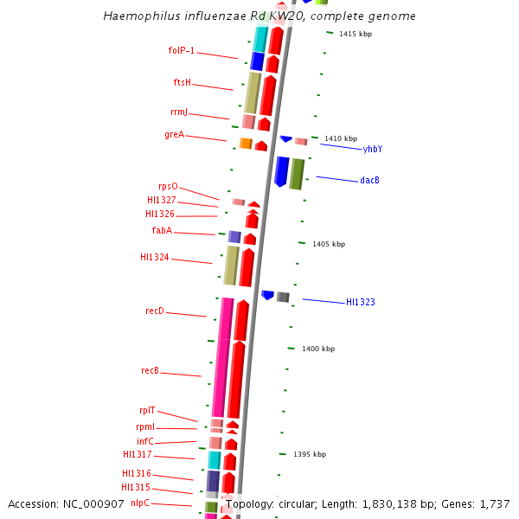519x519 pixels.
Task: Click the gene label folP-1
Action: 181,51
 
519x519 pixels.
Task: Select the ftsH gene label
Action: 182,83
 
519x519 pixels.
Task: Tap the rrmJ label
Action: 178,112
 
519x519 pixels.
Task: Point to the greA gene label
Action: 174,135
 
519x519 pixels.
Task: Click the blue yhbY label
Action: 373,150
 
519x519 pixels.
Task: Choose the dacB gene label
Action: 369,181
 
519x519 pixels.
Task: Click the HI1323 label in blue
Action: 360,303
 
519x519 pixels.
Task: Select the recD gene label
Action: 154,311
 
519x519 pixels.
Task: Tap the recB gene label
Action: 150,371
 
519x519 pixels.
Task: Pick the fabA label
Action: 162,231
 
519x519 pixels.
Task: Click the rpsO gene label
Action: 168,187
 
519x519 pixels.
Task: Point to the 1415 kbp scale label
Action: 356,35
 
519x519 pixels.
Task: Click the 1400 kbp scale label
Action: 317,349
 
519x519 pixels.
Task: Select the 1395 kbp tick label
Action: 310,455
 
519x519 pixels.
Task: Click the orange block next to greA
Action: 246,144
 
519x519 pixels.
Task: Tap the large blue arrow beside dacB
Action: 281,171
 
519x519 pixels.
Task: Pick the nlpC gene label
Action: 139,503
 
